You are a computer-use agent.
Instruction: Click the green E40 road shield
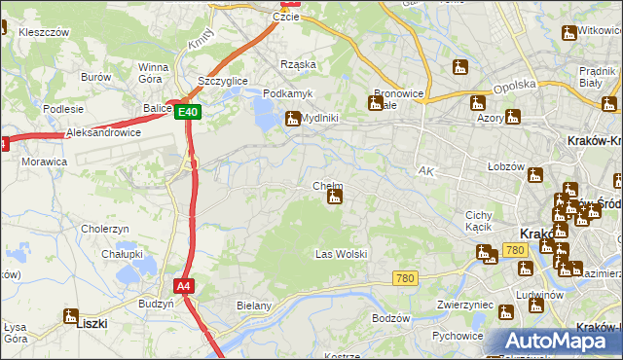[189, 113]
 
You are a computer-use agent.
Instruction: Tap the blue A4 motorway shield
[183, 286]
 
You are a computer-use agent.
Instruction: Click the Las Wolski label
[341, 254]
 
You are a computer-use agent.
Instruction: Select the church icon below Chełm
[335, 198]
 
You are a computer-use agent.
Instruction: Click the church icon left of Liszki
[69, 315]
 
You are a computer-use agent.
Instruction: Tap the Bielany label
[253, 306]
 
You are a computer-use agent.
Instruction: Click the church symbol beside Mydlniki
[292, 119]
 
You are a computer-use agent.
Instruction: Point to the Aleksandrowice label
[104, 131]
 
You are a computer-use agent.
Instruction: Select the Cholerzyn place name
[105, 229]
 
